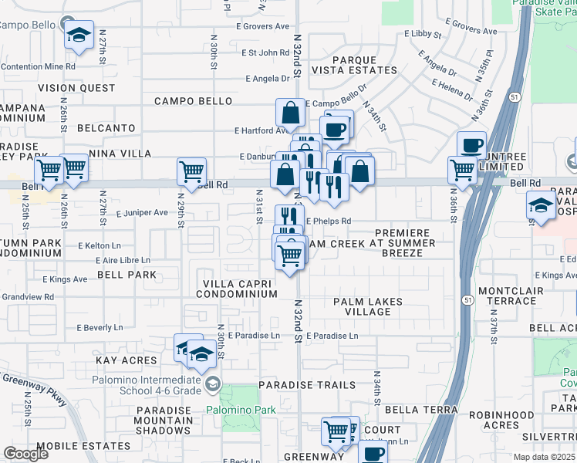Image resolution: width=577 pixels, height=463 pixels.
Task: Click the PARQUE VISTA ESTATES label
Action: click(x=364, y=65)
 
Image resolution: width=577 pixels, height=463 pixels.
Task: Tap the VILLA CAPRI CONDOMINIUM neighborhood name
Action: click(x=239, y=289)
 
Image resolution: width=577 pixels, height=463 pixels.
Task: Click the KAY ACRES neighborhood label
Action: click(x=126, y=360)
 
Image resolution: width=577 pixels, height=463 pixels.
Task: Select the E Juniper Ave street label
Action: click(x=142, y=212)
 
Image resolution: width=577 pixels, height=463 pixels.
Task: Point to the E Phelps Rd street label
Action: click(x=328, y=221)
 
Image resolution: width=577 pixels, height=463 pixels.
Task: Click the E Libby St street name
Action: click(x=420, y=35)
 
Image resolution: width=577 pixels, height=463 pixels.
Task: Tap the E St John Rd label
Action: click(x=265, y=53)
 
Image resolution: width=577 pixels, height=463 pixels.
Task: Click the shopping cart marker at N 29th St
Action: click(x=191, y=171)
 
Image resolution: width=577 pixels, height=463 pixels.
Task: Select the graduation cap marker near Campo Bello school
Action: click(x=79, y=35)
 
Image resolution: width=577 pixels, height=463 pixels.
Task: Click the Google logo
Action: click(x=25, y=454)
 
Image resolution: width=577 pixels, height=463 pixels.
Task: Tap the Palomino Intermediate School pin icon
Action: click(x=211, y=383)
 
